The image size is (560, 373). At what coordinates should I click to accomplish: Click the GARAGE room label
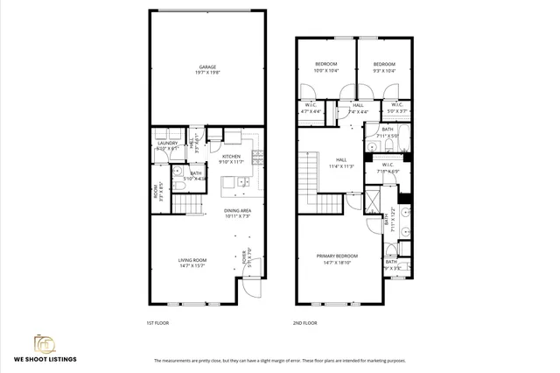point(206,67)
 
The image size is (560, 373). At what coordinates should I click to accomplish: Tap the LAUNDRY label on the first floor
point(168,143)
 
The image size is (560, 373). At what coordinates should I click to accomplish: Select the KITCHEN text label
point(232,156)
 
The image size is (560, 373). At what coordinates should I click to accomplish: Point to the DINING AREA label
point(237,210)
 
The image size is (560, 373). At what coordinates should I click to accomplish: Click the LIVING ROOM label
point(192,259)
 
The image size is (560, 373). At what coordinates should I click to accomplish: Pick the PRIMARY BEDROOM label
point(338,256)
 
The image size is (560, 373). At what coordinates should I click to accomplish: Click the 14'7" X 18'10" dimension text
point(338,262)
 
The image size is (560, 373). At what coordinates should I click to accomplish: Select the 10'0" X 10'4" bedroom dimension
point(326,70)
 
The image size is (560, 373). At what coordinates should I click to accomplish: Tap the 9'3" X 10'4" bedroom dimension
point(384,70)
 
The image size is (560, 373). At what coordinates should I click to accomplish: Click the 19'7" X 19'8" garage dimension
point(206,73)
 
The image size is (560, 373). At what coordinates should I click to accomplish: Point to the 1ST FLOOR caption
point(157,323)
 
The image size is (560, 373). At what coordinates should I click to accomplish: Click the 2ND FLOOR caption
point(304,323)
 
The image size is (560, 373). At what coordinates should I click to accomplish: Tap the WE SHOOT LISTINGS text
point(45,359)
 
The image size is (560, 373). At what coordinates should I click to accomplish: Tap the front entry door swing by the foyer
point(251,288)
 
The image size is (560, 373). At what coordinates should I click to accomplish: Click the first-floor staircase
point(185,206)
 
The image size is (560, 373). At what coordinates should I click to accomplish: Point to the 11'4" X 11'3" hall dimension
point(340,165)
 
